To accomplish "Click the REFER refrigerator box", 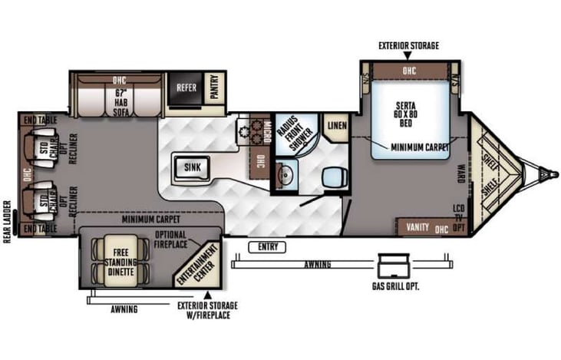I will [186, 88].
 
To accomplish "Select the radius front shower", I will [295, 132].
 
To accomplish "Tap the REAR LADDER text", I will [7, 222].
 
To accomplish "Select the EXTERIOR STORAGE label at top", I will [408, 46].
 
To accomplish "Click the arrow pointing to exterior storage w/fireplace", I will [206, 292].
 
